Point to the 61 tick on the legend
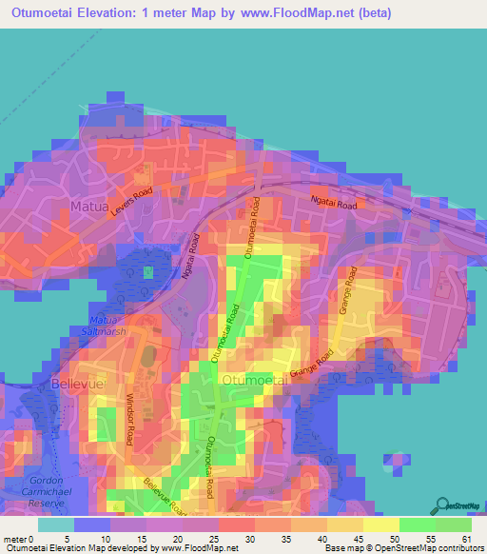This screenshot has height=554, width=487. (x=465, y=538)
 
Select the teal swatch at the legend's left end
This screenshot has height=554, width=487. (x=55, y=524)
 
